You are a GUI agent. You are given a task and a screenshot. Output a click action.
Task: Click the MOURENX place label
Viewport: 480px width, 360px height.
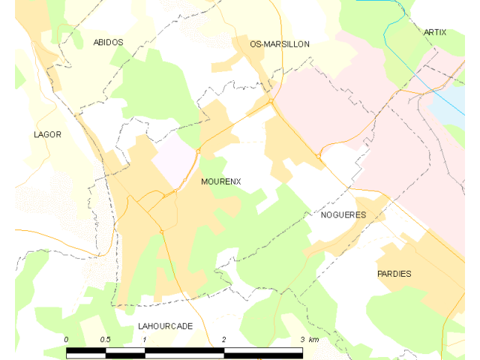click(x=220, y=181)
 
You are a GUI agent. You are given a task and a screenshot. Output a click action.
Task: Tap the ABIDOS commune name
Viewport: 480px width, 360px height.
click(x=108, y=43)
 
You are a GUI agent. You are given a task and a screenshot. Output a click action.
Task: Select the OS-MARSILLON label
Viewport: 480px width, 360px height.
click(x=280, y=44)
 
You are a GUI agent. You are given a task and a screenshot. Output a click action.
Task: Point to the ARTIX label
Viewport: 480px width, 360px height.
click(x=434, y=32)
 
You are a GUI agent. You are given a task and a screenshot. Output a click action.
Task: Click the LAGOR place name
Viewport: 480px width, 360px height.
click(x=47, y=134)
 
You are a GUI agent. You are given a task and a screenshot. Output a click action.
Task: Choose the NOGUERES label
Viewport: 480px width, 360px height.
click(x=343, y=214)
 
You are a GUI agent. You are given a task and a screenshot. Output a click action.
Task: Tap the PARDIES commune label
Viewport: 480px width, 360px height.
click(x=394, y=274)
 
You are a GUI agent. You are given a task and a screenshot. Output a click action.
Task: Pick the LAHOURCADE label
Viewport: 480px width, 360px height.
click(x=165, y=326)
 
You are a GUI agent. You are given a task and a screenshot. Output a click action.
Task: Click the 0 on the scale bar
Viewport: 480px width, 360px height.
click(x=66, y=340)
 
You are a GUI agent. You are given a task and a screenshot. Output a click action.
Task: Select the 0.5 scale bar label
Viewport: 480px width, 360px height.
click(x=104, y=340)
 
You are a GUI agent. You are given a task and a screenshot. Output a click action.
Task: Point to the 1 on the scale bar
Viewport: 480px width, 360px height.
click(x=145, y=340)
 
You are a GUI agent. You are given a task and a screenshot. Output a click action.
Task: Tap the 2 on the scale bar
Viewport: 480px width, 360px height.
click(x=223, y=340)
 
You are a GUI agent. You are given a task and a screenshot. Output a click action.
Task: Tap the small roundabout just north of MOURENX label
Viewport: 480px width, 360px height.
click(x=199, y=151)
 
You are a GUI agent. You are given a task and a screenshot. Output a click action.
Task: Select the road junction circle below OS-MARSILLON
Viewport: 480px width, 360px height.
click(x=271, y=100)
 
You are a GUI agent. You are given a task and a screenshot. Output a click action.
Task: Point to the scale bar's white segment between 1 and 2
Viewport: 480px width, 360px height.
click(x=184, y=350)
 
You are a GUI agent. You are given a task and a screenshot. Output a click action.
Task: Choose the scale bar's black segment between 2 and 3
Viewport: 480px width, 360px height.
click(x=262, y=350)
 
